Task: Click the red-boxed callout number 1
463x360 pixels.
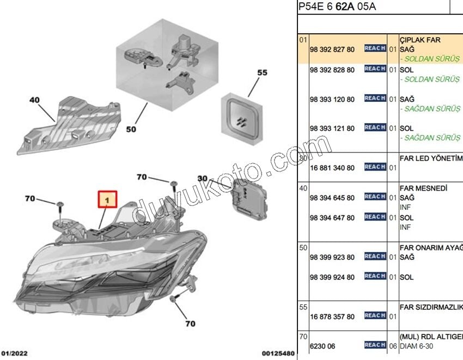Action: tap(108, 200)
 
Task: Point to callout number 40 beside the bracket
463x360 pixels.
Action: tap(34, 100)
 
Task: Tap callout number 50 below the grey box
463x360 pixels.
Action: tap(131, 129)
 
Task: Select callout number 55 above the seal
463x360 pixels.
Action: tap(263, 72)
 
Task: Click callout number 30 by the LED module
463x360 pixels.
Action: tap(203, 178)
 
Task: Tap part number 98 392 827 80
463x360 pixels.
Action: tap(332, 50)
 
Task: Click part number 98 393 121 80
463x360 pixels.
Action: tap(332, 129)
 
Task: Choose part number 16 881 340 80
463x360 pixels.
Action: tap(332, 168)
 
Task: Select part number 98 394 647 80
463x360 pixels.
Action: tap(332, 218)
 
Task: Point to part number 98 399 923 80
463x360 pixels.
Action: tap(332, 257)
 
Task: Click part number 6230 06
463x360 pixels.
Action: tap(322, 346)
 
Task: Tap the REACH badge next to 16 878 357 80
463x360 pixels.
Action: tap(375, 316)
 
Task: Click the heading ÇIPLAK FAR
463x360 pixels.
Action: tap(420, 40)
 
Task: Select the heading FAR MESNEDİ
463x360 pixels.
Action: tap(423, 188)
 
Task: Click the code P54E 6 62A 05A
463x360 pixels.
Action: tap(337, 7)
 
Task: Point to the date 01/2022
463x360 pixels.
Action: tap(14, 353)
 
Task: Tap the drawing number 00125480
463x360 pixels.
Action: tap(278, 353)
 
